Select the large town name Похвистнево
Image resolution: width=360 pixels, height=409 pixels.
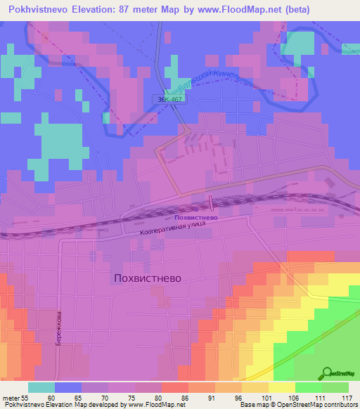pos(147,278)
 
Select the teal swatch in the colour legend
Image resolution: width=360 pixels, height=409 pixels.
pos(41,387)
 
